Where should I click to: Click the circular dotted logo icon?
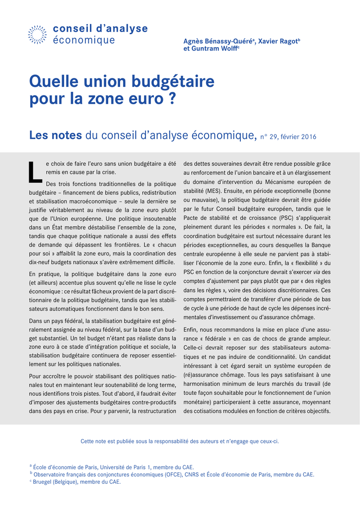pyautogui.click(x=38, y=34)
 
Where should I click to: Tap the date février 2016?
pyautogui.click(x=300, y=136)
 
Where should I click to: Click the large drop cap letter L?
pyautogui.click(x=35, y=171)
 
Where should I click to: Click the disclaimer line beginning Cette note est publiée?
pyautogui.click(x=180, y=441)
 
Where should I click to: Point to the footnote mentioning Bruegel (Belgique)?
pyautogui.click(x=77, y=482)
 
